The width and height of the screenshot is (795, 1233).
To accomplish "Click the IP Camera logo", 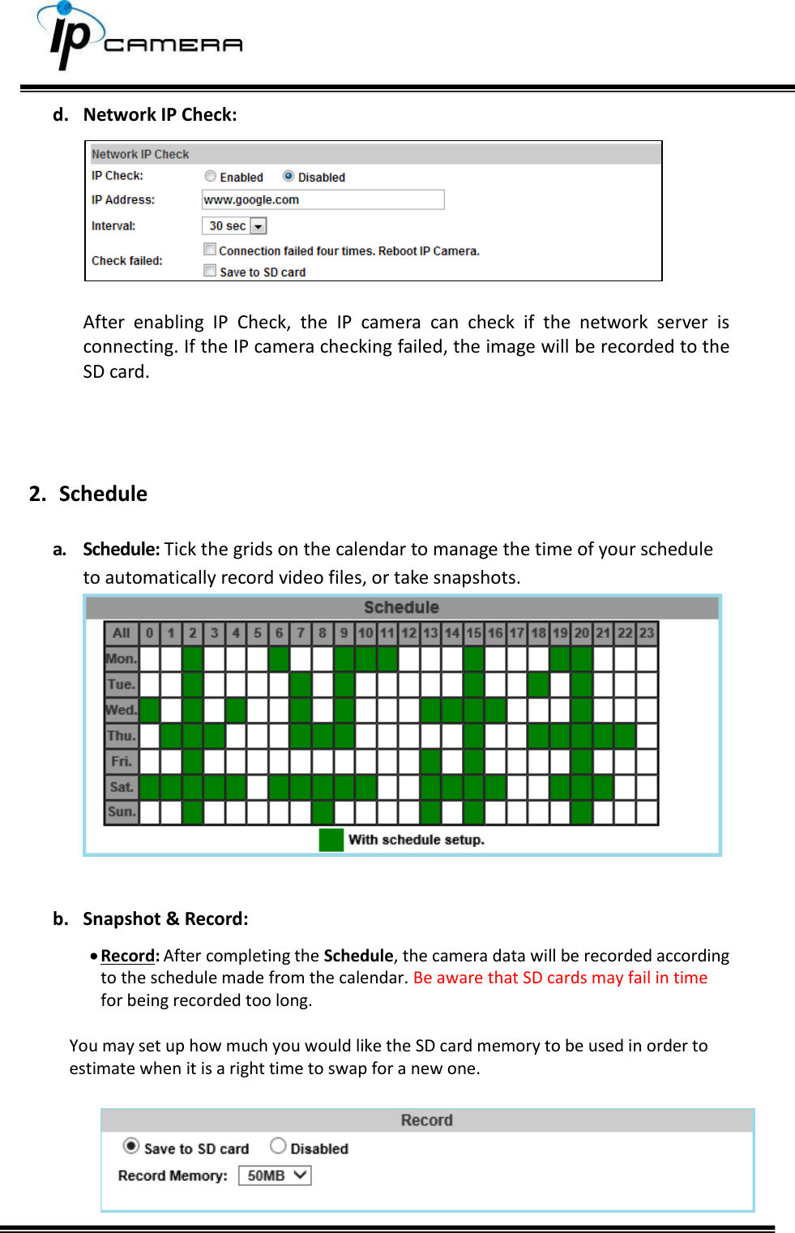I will pyautogui.click(x=138, y=37).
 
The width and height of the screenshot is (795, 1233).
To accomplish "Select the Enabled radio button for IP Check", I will pyautogui.click(x=211, y=177).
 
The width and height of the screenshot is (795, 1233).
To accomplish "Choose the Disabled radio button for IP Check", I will pyautogui.click(x=289, y=177).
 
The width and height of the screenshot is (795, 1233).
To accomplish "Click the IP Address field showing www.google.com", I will pyautogui.click(x=323, y=199).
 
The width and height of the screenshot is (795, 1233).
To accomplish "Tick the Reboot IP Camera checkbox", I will pyautogui.click(x=211, y=250).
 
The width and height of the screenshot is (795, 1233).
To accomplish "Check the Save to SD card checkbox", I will pyautogui.click(x=211, y=271).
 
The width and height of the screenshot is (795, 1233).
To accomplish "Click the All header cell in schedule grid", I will pyautogui.click(x=122, y=633).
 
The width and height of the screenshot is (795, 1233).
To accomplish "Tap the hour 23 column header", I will pyautogui.click(x=646, y=633).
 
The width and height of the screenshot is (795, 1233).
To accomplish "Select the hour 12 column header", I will pyautogui.click(x=408, y=633).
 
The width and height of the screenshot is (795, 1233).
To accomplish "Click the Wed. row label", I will pyautogui.click(x=122, y=710).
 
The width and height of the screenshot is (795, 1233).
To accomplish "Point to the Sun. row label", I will pyautogui.click(x=122, y=811).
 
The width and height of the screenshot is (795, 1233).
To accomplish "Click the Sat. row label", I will pyautogui.click(x=122, y=786).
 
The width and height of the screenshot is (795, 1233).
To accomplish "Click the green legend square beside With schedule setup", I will pyautogui.click(x=331, y=840).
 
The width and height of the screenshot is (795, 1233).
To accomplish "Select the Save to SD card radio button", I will pyautogui.click(x=131, y=1145).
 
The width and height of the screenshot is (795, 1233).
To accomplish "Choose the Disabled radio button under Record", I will pyautogui.click(x=278, y=1145).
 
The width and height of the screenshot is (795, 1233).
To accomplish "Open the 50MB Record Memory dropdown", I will pyautogui.click(x=275, y=1175).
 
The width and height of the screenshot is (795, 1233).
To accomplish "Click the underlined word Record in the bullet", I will pyautogui.click(x=128, y=956).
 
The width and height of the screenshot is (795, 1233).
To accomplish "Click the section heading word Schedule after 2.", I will pyautogui.click(x=103, y=494).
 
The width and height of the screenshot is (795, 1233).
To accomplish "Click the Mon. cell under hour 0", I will pyautogui.click(x=150, y=659).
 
